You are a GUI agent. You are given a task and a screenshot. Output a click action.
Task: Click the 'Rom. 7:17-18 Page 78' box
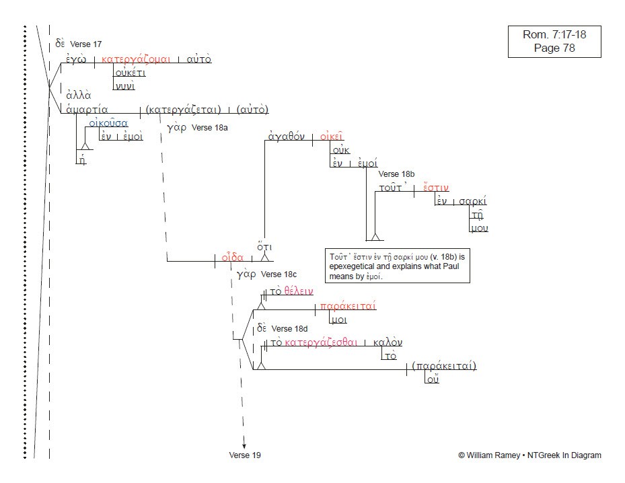[x=554, y=41]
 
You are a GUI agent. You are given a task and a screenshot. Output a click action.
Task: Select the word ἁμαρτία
[x=87, y=110]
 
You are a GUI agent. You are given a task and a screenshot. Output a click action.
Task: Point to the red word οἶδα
[x=232, y=257]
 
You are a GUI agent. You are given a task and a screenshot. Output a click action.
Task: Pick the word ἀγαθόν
[x=287, y=137]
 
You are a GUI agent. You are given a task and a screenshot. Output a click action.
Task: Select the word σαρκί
[x=472, y=201]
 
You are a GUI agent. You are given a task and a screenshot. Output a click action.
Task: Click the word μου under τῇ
[x=479, y=228]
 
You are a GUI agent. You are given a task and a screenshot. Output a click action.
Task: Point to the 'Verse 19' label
[x=245, y=455]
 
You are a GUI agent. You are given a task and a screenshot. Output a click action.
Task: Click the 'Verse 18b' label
[x=397, y=174]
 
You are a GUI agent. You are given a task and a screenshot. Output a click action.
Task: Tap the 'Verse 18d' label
[x=289, y=329]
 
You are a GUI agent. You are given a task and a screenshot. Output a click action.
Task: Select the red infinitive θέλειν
[x=299, y=291]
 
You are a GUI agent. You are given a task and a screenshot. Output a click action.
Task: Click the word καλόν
[x=388, y=342]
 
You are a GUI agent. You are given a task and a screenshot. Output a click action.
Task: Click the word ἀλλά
[x=79, y=96]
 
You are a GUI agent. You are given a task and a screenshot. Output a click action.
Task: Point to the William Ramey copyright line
[x=529, y=455]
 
